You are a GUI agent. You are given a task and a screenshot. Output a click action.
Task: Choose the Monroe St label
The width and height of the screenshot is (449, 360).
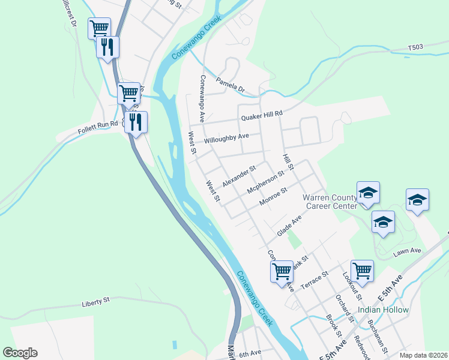click(x=273, y=197)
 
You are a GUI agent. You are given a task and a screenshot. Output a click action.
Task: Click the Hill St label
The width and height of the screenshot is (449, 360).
click(x=287, y=161)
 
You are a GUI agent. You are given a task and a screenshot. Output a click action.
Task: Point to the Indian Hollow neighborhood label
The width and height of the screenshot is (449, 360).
click(x=383, y=310)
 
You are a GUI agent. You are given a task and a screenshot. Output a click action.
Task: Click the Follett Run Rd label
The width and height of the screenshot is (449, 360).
click(x=97, y=130)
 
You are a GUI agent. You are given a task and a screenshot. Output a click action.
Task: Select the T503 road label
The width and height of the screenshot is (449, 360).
click(x=415, y=47)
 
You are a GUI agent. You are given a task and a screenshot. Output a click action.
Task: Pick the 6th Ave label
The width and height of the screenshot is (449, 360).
click(x=250, y=353)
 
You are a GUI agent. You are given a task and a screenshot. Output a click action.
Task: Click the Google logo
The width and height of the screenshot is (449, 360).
click(x=20, y=353)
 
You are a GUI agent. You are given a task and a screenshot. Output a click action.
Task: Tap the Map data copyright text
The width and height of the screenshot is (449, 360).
click(x=423, y=355)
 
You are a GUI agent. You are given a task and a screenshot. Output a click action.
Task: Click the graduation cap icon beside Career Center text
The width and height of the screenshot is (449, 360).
click(x=368, y=193)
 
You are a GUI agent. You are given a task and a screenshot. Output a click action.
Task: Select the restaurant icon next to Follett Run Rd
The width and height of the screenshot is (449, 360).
click(x=136, y=122)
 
